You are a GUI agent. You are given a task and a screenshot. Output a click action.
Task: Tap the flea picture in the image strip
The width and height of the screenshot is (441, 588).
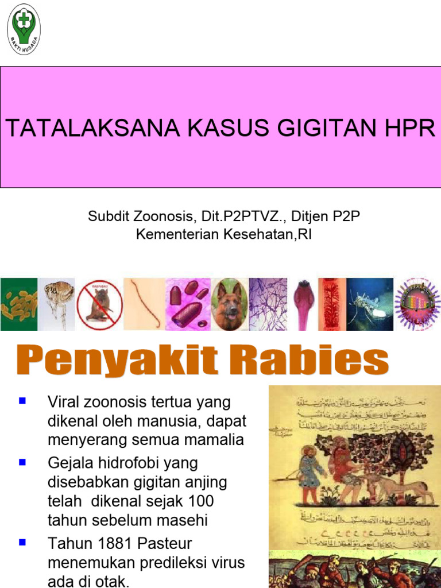[x=57, y=303]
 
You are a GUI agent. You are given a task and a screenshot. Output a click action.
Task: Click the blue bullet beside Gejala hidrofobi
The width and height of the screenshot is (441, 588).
[x=23, y=461]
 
